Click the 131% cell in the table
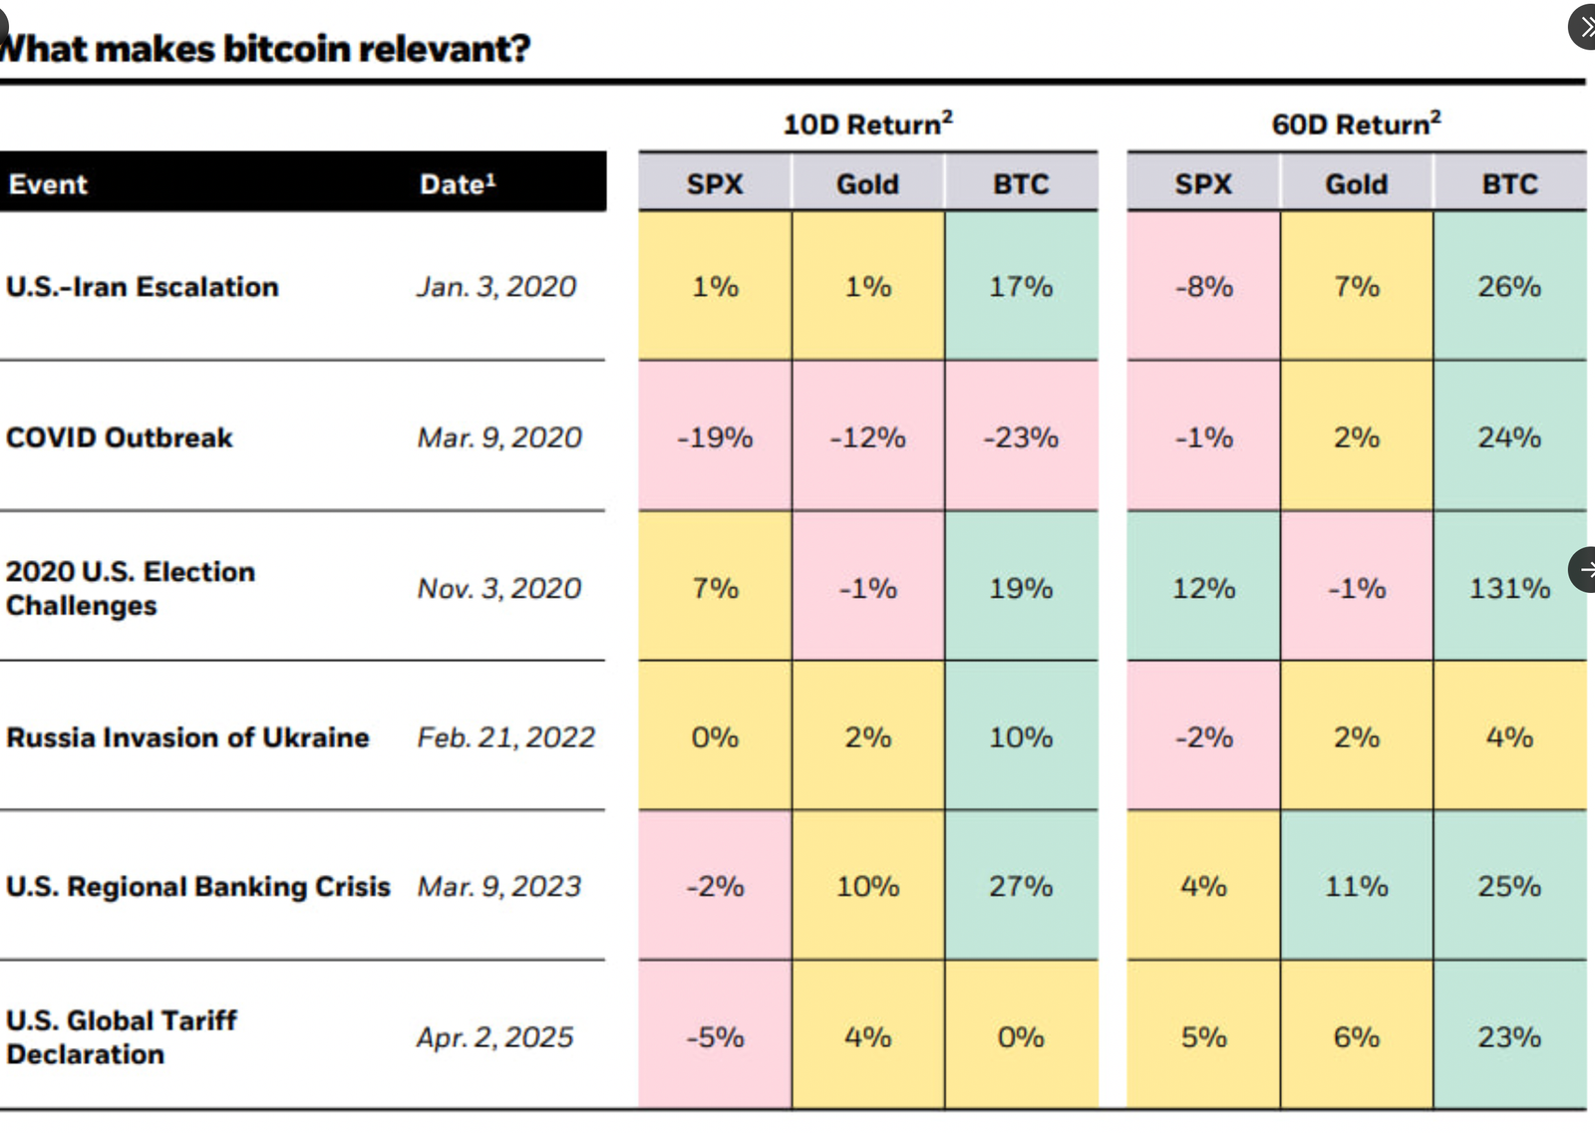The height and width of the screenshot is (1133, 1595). tap(1509, 588)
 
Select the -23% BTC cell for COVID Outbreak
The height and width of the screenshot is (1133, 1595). tap(1021, 437)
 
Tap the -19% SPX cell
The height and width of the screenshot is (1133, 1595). tap(715, 437)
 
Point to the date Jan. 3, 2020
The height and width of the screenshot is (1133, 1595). tap(496, 287)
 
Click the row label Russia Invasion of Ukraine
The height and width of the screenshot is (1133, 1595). tap(187, 737)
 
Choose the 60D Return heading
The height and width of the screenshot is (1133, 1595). tap(1356, 125)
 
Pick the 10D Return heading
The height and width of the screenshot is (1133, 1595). tap(867, 125)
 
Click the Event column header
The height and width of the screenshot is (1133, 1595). tap(48, 184)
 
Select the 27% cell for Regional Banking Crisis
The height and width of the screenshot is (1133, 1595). tap(1021, 886)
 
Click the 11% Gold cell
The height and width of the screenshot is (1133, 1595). tap(1356, 886)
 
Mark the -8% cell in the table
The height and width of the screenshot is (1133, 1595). tap(1203, 287)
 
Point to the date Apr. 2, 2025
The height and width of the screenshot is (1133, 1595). tap(495, 1037)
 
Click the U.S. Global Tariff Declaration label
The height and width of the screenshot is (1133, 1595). tap(121, 1037)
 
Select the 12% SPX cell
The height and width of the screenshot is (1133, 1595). tap(1203, 588)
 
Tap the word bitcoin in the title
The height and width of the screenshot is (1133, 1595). tap(287, 48)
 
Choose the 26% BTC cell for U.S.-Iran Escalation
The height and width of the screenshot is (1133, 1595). tap(1509, 287)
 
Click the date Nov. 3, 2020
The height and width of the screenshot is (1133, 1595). tap(498, 588)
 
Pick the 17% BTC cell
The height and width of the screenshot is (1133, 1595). tap(1021, 287)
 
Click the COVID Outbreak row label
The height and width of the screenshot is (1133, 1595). tap(120, 437)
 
